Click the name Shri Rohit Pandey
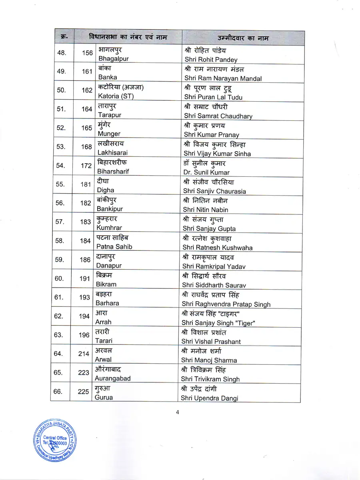(211, 60)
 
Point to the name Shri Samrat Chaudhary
(218, 116)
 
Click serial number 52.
(60, 128)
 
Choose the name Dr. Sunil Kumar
(207, 172)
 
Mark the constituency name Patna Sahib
(114, 247)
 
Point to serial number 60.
(59, 278)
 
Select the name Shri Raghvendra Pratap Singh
(226, 304)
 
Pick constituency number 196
(84, 335)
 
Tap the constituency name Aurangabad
(112, 378)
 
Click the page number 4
(177, 413)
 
